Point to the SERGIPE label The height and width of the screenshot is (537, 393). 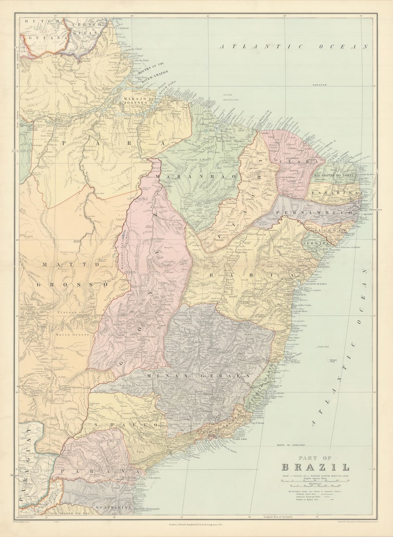[x=313, y=242]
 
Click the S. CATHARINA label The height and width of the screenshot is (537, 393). [x=114, y=508]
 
